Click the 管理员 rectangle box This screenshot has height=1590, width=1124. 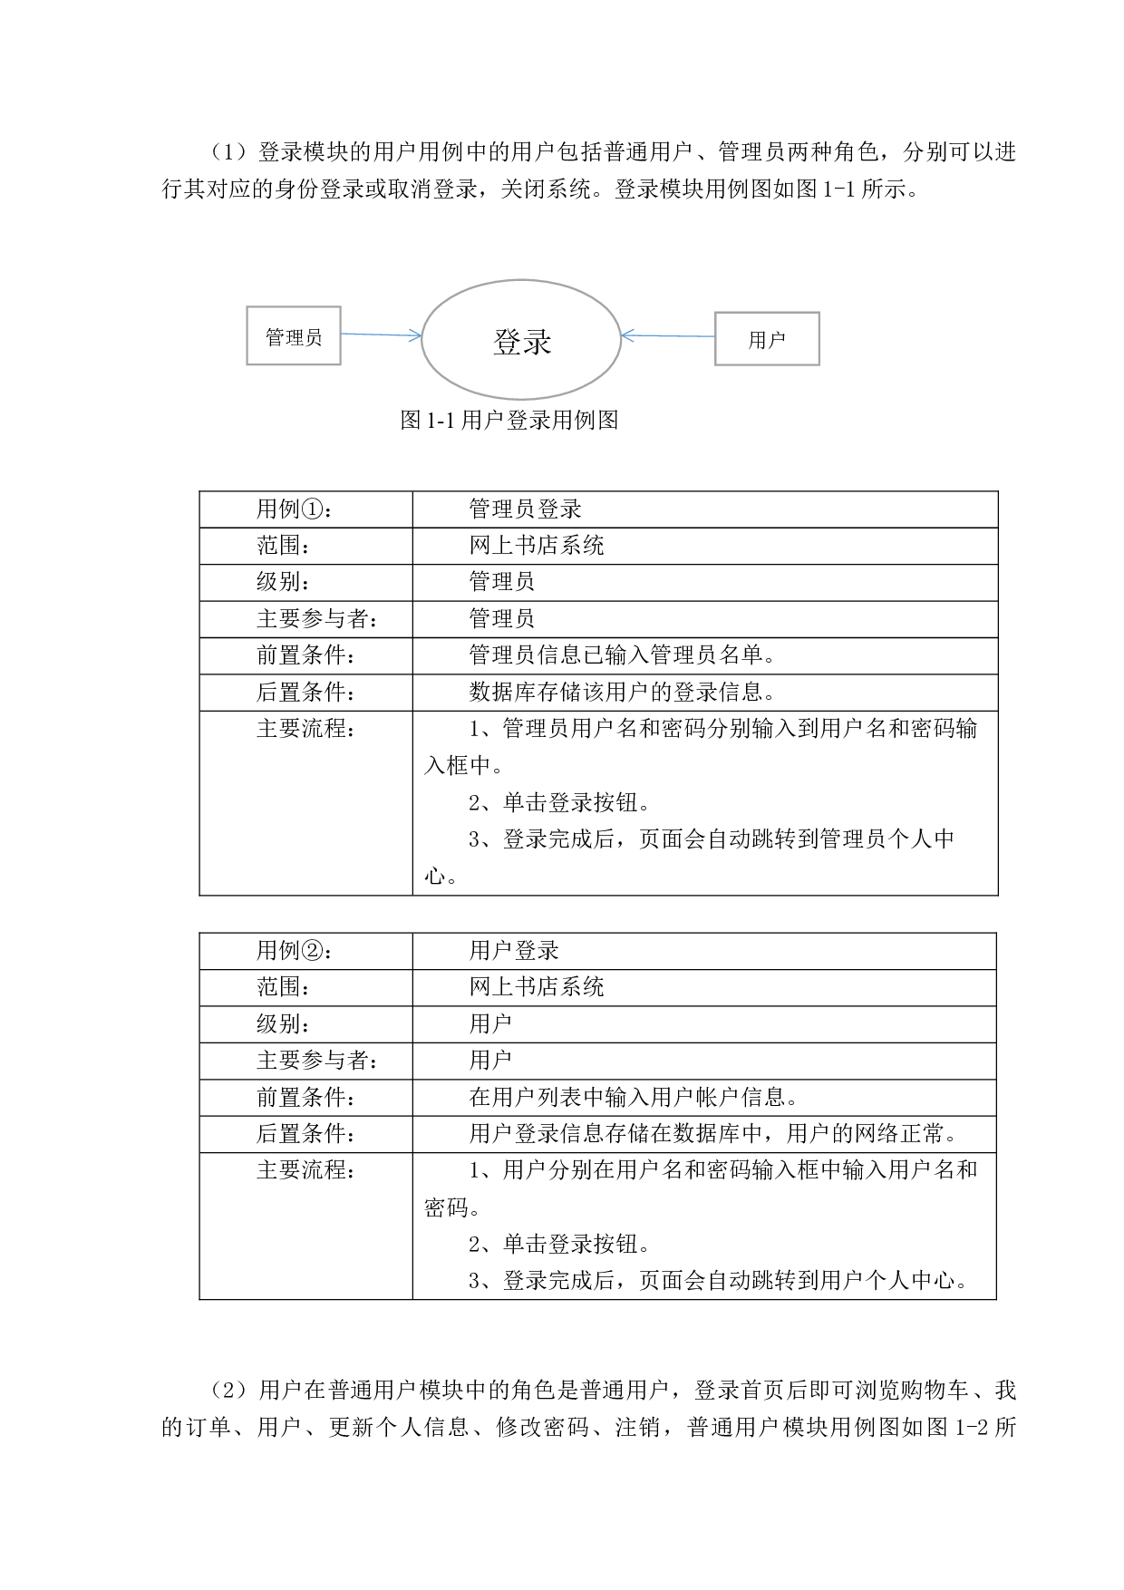point(294,336)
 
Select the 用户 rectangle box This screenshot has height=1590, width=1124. point(767,338)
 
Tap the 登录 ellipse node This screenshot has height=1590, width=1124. point(521,339)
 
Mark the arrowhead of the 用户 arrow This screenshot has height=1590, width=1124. point(625,336)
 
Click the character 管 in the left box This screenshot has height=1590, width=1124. point(276,337)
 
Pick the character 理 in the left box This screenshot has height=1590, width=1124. point(295,337)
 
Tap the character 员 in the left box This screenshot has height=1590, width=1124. point(314,337)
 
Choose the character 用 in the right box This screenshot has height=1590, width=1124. point(758,340)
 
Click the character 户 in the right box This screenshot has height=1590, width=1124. point(777,340)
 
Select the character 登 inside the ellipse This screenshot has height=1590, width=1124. point(507,342)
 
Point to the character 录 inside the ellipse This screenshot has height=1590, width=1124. point(538,342)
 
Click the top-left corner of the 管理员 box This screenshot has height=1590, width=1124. point(247,307)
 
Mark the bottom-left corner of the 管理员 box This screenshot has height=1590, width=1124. point(247,364)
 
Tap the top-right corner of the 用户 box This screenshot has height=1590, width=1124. point(819,313)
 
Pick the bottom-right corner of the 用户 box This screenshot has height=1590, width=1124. point(819,364)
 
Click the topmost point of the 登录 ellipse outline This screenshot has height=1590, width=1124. point(521,280)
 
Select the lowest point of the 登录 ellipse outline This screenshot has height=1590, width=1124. point(521,399)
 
